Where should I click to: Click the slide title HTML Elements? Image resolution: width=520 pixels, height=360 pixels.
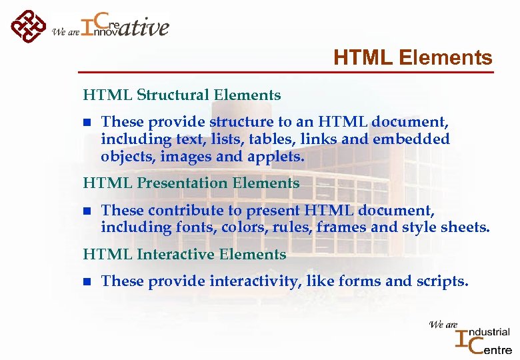pyautogui.click(x=413, y=58)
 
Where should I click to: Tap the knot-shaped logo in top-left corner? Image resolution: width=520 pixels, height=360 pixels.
pyautogui.click(x=27, y=25)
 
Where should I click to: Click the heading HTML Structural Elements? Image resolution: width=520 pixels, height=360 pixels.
pyautogui.click(x=181, y=95)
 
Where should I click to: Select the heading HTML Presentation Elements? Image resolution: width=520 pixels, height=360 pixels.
pyautogui.click(x=191, y=183)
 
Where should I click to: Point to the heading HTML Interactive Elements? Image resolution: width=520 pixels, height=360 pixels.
pyautogui.click(x=184, y=255)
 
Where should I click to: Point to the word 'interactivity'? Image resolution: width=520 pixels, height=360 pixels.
pyautogui.click(x=256, y=282)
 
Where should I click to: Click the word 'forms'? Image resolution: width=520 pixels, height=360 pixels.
pyautogui.click(x=359, y=282)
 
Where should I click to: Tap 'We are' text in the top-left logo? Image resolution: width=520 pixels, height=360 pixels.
pyautogui.click(x=65, y=31)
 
